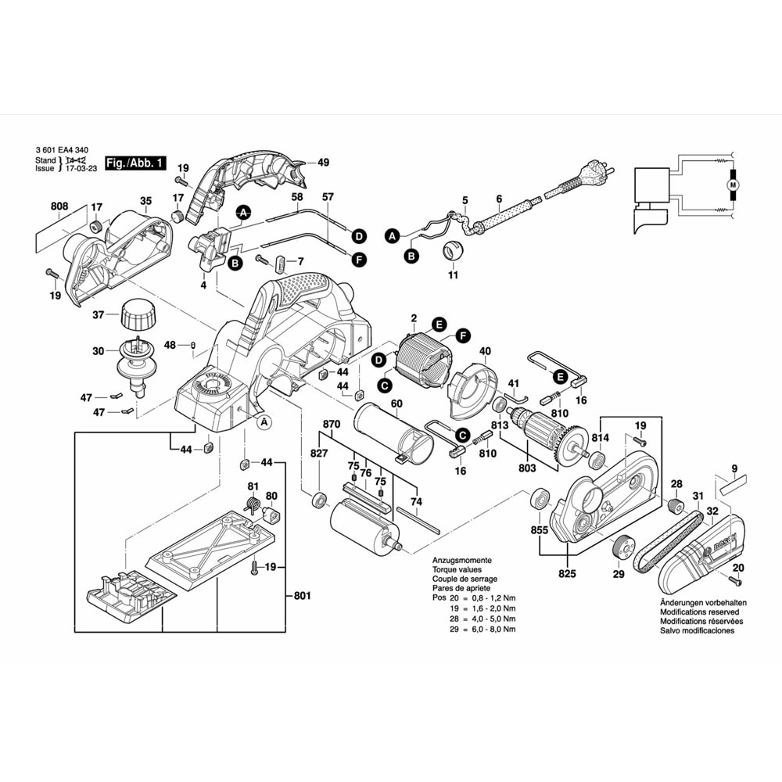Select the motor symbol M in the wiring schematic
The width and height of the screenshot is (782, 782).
tap(733, 185)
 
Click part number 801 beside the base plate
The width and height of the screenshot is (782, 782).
tap(303, 597)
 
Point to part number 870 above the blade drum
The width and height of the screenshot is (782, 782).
tap(332, 424)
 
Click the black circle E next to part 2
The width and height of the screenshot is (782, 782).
tap(439, 324)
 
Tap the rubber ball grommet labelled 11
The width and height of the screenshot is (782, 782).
tap(453, 251)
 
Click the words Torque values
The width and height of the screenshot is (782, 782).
tap(459, 570)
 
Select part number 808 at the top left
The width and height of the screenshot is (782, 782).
tap(59, 206)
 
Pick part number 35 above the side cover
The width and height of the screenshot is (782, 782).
tap(145, 201)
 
